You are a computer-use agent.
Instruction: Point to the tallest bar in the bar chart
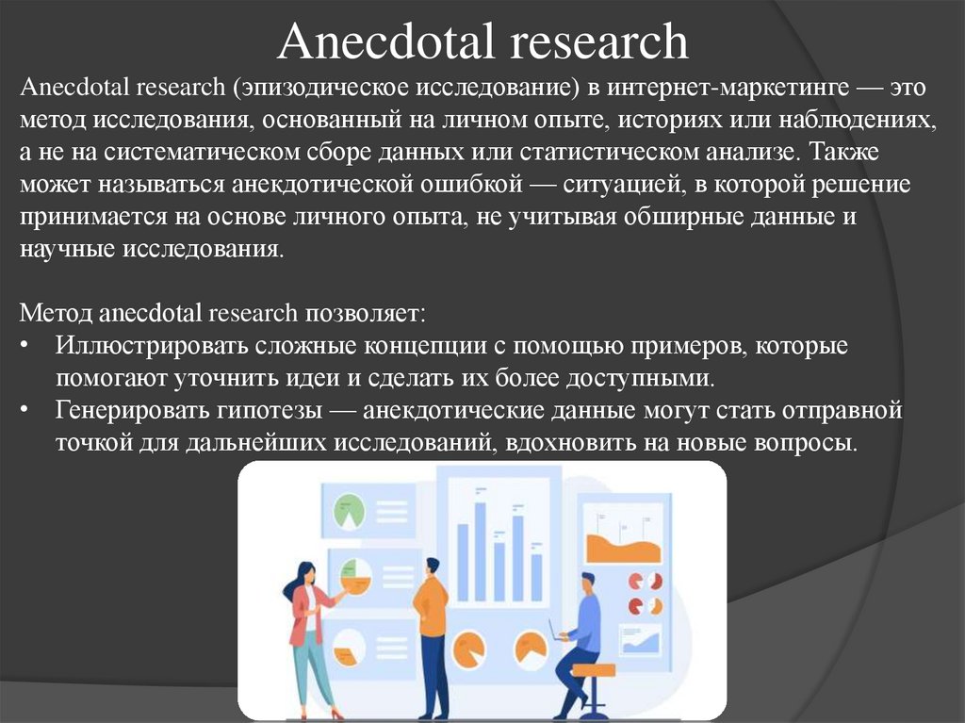[x=480, y=550]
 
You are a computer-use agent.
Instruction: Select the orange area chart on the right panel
[x=623, y=547]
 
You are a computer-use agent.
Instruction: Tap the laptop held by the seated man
[x=555, y=630]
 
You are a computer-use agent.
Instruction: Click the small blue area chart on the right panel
[x=641, y=642]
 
